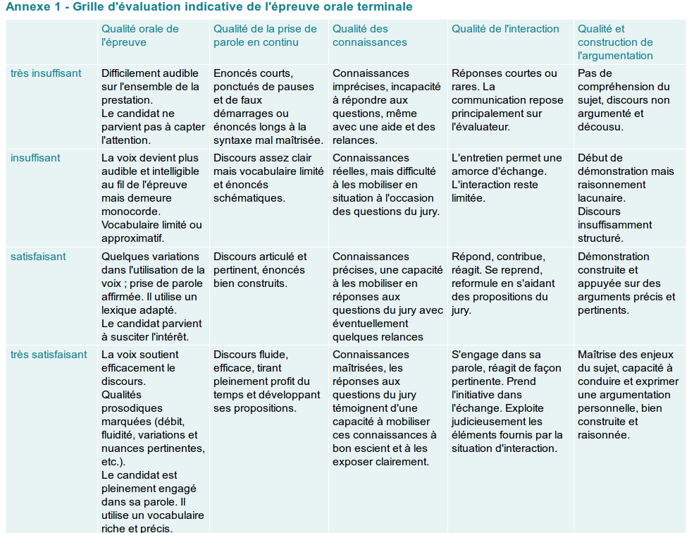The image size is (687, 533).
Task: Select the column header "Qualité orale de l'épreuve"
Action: click(140, 35)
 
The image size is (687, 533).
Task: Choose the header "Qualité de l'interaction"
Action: click(505, 29)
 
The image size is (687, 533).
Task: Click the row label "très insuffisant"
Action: click(46, 73)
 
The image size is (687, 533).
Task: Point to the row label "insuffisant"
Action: click(35, 158)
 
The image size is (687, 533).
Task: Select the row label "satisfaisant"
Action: click(38, 257)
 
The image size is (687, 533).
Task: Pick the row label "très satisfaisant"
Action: click(49, 355)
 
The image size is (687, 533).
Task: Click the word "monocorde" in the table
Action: click(130, 212)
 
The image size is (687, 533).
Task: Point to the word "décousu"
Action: click(600, 127)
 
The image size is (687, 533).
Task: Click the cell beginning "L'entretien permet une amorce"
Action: click(507, 178)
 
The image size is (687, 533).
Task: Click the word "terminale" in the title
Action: click(388, 6)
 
